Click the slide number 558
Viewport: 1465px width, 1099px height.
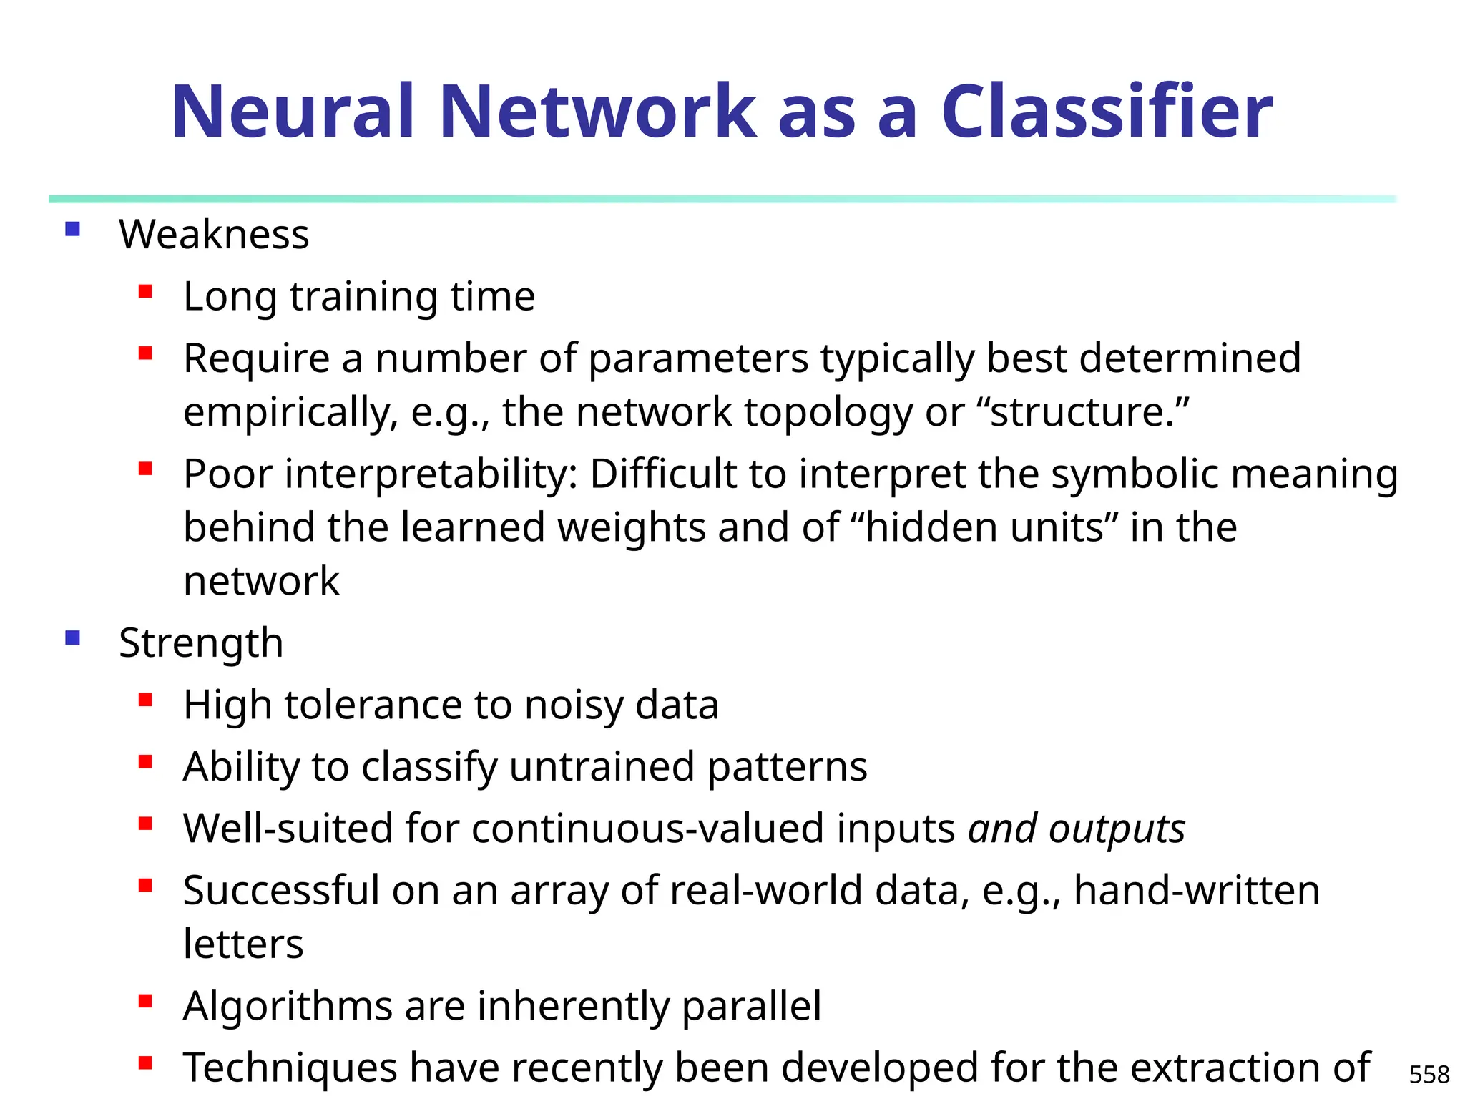(1429, 1074)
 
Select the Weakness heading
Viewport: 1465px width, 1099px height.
(214, 234)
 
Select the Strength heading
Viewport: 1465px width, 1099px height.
(201, 643)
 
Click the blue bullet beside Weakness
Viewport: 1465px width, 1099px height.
(72, 229)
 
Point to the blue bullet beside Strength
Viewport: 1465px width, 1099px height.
(72, 638)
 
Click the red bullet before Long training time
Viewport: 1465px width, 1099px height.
(146, 291)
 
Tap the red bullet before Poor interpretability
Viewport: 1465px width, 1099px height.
(146, 469)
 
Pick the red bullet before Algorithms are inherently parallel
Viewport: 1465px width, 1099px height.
(146, 1001)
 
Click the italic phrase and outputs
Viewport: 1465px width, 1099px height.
(1077, 829)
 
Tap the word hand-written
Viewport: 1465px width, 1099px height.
(1196, 891)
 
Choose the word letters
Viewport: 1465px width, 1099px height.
(243, 944)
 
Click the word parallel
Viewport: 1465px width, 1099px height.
(751, 1005)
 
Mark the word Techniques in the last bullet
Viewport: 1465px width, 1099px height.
(290, 1068)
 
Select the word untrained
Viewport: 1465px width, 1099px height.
(602, 766)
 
